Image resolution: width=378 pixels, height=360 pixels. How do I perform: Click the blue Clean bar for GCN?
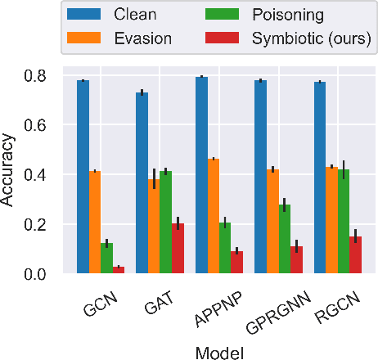coord(83,176)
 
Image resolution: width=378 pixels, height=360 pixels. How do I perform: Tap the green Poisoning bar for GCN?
coord(106,258)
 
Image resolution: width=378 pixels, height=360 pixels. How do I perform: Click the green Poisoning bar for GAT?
coord(166,222)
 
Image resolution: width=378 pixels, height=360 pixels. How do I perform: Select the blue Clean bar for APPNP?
coord(201,174)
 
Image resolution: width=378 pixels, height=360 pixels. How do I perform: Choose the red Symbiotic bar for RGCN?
coord(356,254)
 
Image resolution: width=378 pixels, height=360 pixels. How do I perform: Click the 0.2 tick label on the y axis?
coord(45,224)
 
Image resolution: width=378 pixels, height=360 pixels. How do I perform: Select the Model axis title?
coord(219,349)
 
